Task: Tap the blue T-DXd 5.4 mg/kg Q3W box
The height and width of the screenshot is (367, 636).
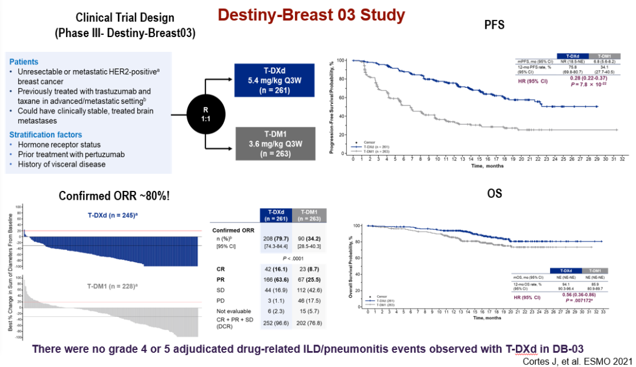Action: click(272, 80)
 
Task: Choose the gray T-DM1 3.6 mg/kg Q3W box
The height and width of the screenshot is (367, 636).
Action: click(272, 143)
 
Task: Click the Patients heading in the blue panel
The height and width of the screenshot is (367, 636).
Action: click(24, 61)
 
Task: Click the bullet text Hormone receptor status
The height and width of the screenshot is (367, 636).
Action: click(58, 144)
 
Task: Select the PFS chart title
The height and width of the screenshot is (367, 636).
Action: click(492, 25)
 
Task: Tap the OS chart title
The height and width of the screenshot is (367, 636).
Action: click(493, 193)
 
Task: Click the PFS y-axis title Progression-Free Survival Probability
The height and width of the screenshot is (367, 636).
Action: click(333, 107)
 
